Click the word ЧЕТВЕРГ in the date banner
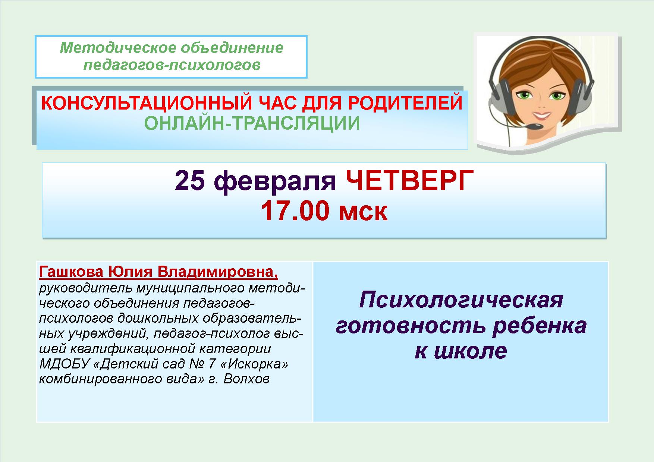409,181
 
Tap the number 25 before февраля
189,181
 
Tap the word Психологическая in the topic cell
461,300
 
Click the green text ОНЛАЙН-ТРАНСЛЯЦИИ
252,124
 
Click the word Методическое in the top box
117,48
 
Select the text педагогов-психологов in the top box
172,66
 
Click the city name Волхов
246,379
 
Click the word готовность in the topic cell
411,326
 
